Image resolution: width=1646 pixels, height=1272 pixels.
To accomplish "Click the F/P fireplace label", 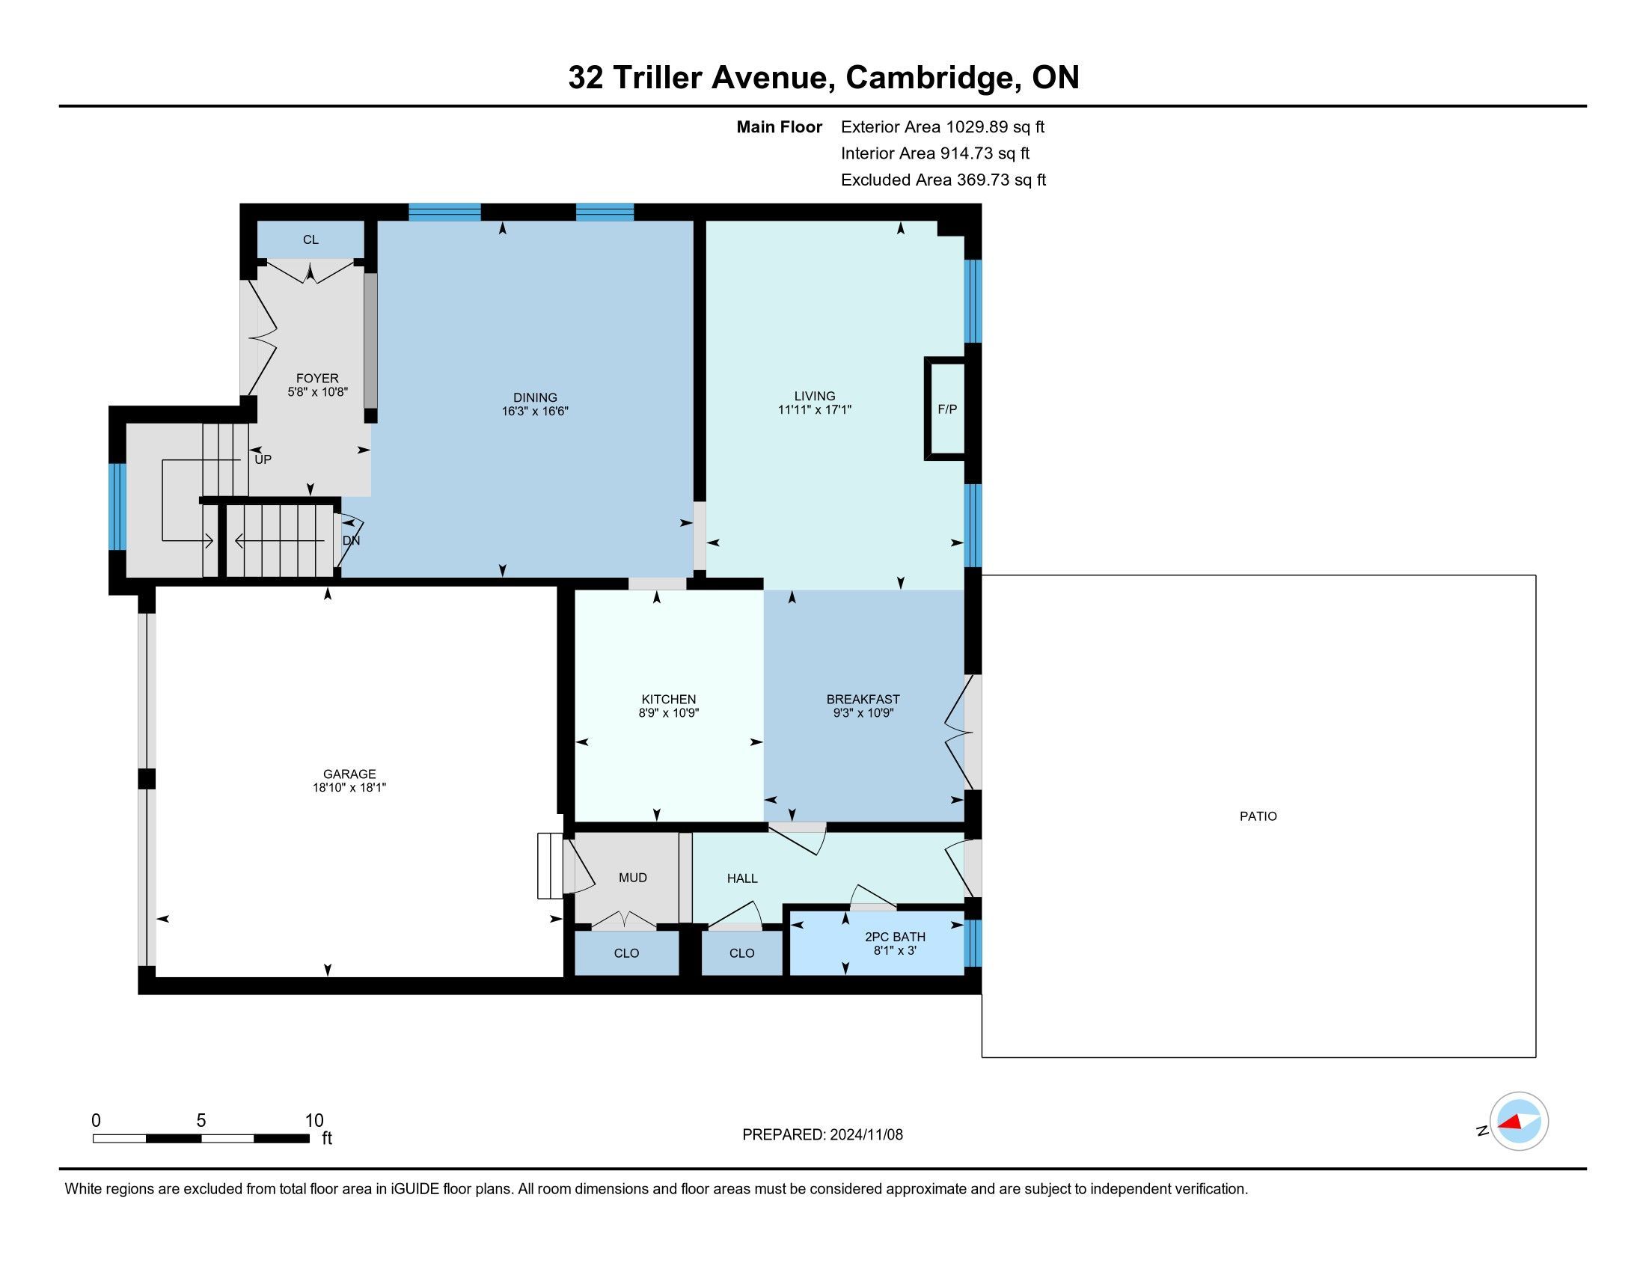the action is coord(947,409).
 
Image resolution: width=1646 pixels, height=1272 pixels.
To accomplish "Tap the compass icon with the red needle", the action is coord(1519,1122).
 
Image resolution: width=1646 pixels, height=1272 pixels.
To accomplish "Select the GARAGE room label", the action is coord(349,774).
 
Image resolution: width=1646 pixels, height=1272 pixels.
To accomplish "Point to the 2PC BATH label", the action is coord(895,937).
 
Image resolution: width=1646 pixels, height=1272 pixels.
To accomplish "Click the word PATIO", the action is coord(1258,816).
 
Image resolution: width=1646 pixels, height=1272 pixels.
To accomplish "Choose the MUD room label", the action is coord(633,878).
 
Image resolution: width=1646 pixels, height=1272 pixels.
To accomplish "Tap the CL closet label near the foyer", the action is coord(310,239).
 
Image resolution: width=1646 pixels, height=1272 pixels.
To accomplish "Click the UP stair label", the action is coord(263,459).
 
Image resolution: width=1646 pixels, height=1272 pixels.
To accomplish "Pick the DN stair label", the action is coord(351,541).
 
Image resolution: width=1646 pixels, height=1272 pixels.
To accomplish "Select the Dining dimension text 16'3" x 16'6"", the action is coord(535,412).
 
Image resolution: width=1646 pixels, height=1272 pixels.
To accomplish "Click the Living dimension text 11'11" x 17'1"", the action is coord(815,410).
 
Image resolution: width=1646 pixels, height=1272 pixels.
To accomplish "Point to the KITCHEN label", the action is coord(668,700).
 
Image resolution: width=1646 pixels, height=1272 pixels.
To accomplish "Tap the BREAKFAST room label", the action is coord(863,700).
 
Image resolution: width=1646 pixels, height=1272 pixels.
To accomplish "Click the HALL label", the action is coord(742,878).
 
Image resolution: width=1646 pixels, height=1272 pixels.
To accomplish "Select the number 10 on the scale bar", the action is coord(314,1121).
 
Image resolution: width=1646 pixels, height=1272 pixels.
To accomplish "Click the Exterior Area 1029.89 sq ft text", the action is coord(943,126).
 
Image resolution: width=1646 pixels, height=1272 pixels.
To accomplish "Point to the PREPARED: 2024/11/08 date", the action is coord(822,1135).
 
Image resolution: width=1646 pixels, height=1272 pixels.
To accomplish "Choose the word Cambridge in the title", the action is coord(932,78).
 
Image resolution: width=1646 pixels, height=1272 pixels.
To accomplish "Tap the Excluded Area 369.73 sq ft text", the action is coord(943,180).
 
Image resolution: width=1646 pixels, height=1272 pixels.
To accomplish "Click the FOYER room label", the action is coord(317,379).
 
